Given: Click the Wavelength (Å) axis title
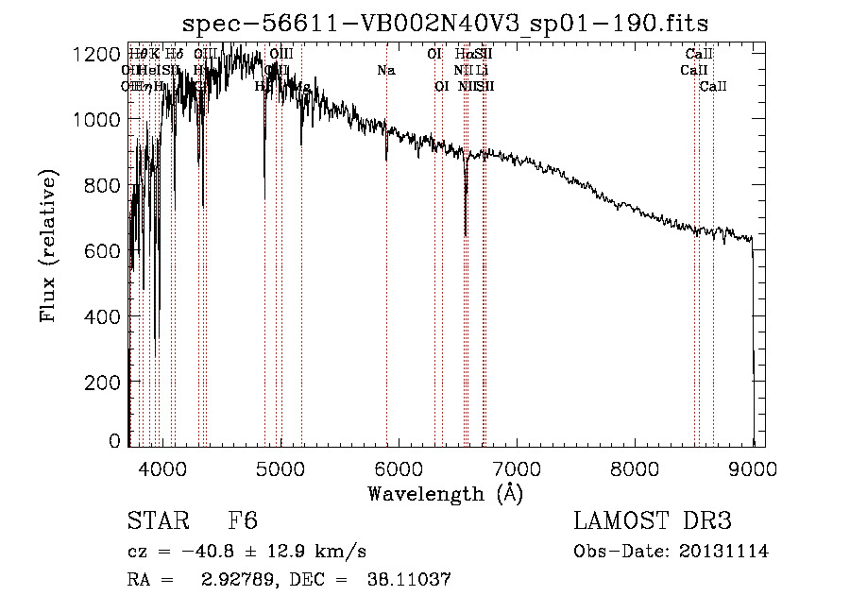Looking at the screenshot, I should (x=445, y=493).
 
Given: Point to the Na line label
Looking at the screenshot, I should (x=385, y=70).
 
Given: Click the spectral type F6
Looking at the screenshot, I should (x=243, y=522).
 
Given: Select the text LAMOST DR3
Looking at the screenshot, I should (x=653, y=522).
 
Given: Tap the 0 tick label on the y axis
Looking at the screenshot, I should (x=113, y=441).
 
